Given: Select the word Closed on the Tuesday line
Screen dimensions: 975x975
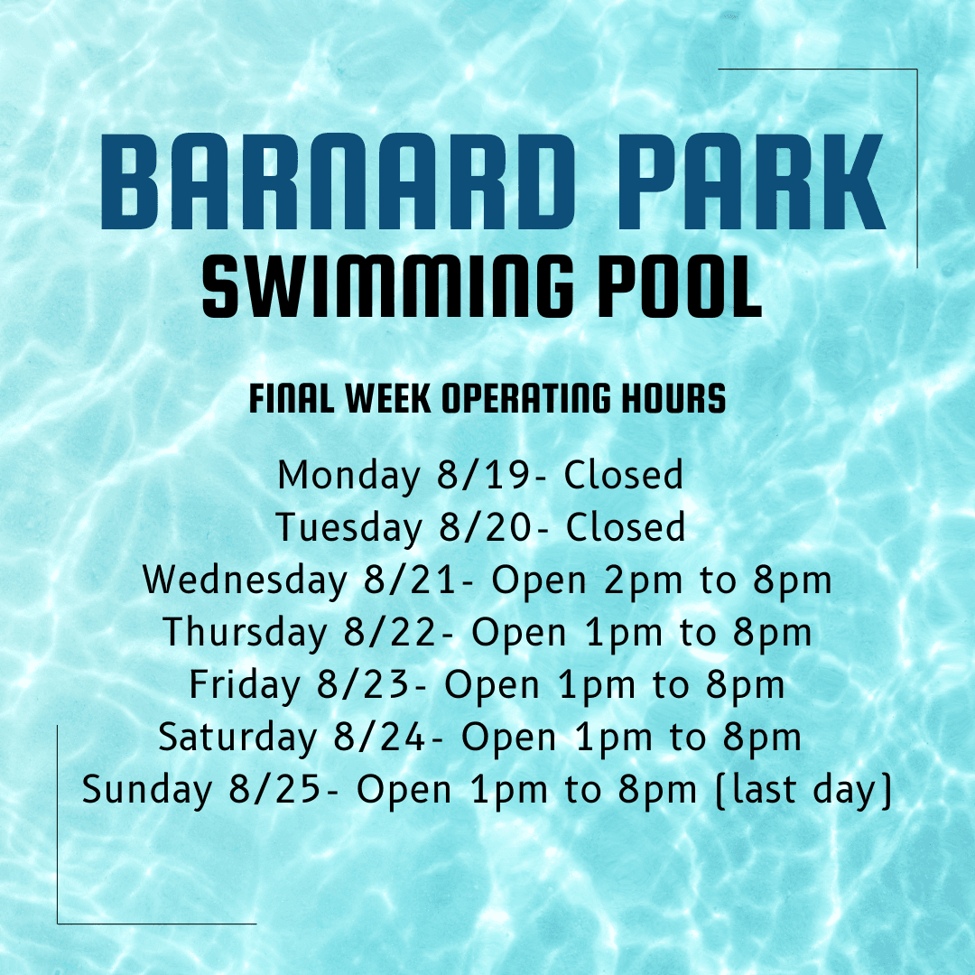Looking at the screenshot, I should tap(625, 528).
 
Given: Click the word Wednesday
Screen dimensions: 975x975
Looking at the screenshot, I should tap(245, 580).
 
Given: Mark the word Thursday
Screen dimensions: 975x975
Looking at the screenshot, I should tap(245, 633).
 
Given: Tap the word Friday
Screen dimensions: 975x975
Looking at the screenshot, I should tap(244, 685).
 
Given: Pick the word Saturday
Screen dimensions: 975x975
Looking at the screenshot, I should tap(237, 738).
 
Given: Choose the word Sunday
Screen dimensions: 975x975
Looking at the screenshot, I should tap(146, 790).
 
